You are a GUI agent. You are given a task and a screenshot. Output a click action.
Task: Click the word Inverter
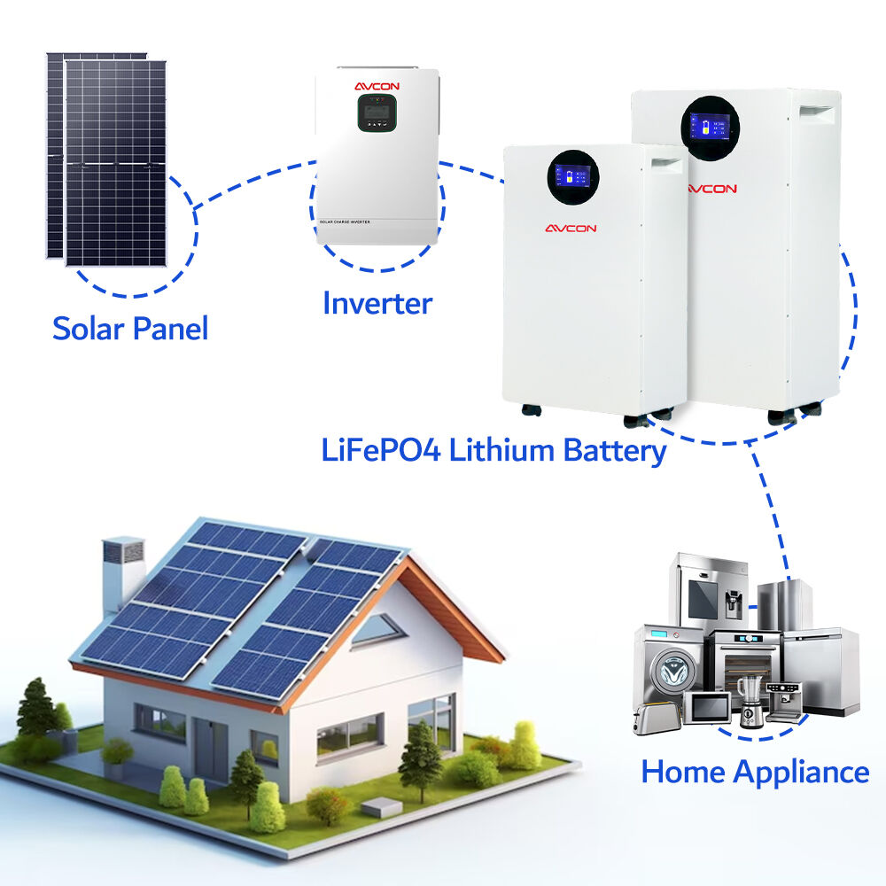[377, 303]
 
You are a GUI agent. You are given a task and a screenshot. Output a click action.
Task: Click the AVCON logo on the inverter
[377, 86]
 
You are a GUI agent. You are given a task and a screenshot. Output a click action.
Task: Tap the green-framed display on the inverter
[377, 113]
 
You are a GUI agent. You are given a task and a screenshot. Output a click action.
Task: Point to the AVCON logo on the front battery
[571, 229]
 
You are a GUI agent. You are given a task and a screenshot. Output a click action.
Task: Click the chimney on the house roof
[122, 571]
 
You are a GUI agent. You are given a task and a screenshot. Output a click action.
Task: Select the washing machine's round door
[672, 671]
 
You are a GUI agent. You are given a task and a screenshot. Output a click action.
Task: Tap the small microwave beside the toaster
[707, 707]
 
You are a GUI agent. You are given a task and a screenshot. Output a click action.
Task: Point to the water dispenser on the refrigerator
[732, 604]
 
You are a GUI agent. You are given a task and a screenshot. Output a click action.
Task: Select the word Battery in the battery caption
[614, 450]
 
